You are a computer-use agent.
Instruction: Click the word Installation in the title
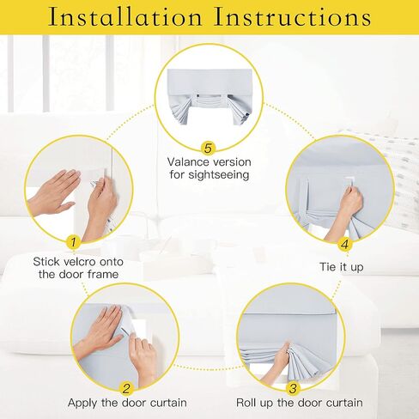[x=125, y=17]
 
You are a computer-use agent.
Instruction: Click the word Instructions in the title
[x=293, y=17]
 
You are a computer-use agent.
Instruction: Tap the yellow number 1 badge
[x=73, y=242]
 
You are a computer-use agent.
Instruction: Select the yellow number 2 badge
[x=126, y=389]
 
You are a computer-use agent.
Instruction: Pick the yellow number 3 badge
[x=293, y=389]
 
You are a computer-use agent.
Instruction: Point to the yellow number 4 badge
[x=345, y=245]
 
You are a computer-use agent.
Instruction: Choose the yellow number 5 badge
[x=208, y=148]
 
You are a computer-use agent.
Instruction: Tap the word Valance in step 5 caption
[x=188, y=162]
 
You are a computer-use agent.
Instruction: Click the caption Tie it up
[x=342, y=267]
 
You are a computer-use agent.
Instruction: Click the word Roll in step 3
[x=246, y=403]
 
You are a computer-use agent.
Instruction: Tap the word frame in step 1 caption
[x=103, y=274]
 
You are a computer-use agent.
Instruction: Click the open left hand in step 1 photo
[x=54, y=191]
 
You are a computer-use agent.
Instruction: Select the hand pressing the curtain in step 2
[x=100, y=329]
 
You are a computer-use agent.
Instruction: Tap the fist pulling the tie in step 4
[x=350, y=202]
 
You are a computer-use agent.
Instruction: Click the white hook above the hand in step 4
[x=349, y=181]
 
